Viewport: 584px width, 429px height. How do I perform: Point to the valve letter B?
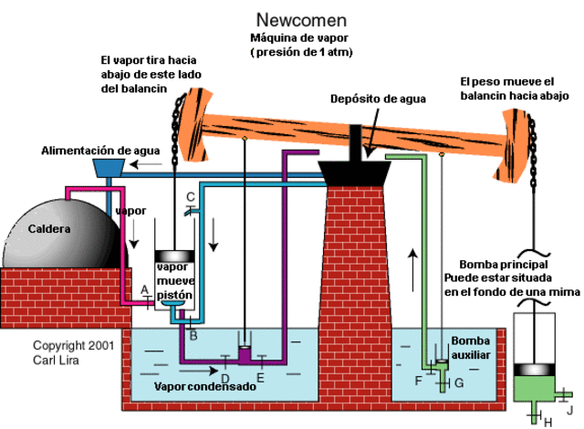193,336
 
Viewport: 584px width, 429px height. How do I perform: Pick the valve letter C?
190,196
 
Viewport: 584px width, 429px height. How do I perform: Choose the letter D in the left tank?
225,377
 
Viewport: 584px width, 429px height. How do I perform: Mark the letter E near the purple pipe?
261,377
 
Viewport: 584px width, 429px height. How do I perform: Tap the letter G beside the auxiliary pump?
459,383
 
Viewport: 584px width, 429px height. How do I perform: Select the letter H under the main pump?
547,421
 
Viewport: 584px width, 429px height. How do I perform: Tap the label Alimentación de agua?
100,149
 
